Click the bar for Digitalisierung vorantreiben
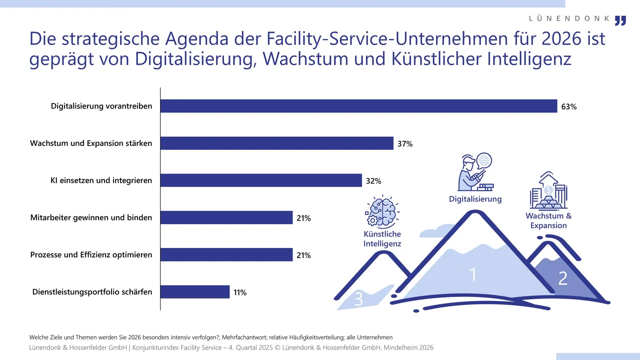point(358,106)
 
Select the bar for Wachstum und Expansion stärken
point(277,143)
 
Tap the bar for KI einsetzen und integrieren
point(261,180)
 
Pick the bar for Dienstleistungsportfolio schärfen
point(195,292)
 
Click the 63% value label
point(569,106)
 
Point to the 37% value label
point(405,144)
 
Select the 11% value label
point(240,292)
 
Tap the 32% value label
point(373,181)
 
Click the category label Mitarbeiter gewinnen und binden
point(91,218)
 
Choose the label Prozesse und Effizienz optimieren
point(91,255)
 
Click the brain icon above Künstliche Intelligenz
point(382,211)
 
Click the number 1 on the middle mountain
point(472,274)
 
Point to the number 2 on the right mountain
point(562,278)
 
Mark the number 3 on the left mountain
point(358,299)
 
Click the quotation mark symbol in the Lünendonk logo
point(620,20)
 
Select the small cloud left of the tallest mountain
point(434,231)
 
